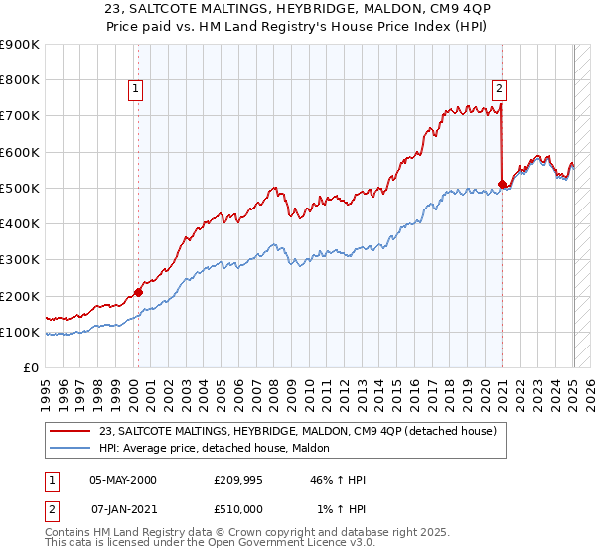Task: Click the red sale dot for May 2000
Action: click(x=138, y=292)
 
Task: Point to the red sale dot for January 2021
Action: click(x=502, y=184)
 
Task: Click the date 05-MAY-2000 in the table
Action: click(x=123, y=480)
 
